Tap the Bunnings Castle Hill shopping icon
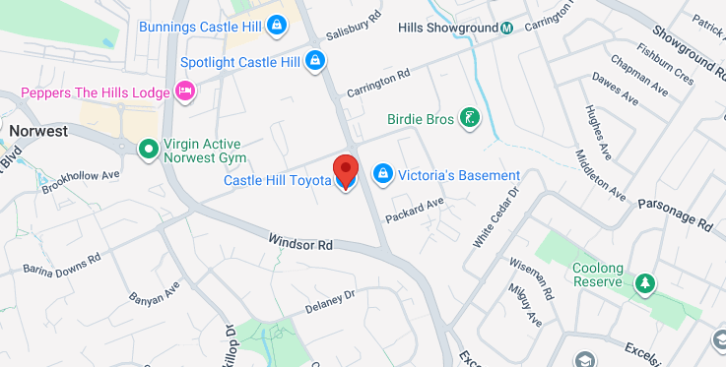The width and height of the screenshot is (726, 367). point(279,26)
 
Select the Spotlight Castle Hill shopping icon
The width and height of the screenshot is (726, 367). point(314,62)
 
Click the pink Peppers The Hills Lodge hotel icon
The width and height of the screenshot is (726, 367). point(184,92)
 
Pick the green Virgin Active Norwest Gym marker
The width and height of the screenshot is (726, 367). point(148,149)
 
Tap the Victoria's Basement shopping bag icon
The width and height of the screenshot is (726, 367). point(382,175)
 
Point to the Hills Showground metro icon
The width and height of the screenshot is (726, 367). point(506,27)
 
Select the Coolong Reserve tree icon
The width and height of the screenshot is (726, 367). point(644,282)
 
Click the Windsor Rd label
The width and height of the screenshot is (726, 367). point(300,242)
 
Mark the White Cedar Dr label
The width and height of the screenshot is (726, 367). point(495,216)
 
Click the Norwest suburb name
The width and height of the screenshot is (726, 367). point(37,130)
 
